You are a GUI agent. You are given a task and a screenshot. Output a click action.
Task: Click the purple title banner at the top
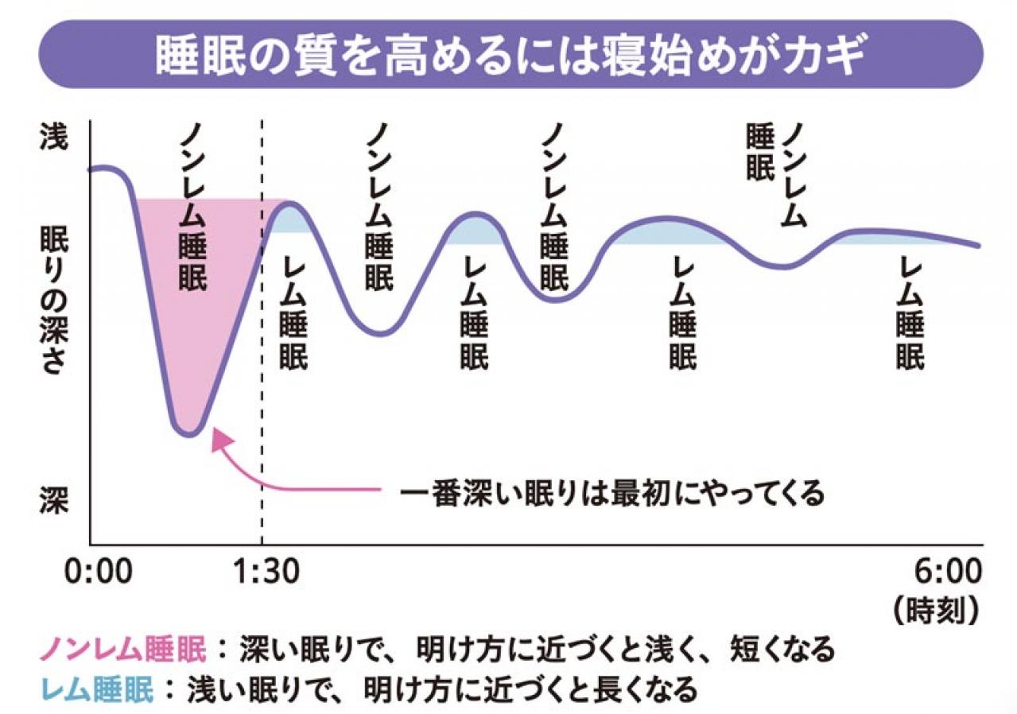coord(508,53)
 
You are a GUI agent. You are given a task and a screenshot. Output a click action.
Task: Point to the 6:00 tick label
coord(947,572)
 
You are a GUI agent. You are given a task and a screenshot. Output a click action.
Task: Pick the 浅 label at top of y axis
coord(53,137)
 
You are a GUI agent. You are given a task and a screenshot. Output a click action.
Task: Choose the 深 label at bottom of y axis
coord(53,500)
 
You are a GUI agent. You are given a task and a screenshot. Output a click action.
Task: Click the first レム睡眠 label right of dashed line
coord(293,314)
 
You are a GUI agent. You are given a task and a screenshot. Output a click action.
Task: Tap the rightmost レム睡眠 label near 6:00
coord(910,314)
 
